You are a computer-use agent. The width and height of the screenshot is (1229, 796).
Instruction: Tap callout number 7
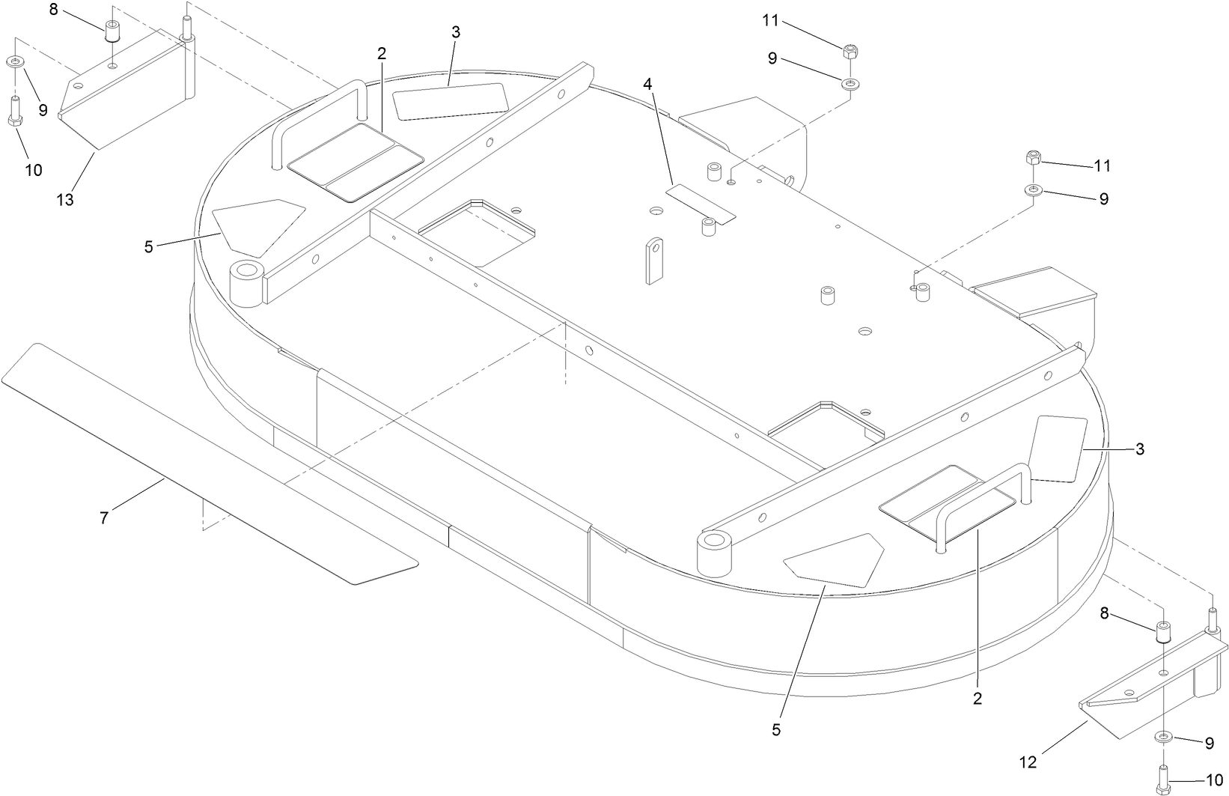point(104,517)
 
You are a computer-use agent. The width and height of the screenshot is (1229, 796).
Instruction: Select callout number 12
point(1028,762)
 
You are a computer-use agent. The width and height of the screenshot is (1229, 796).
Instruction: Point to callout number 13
point(65,200)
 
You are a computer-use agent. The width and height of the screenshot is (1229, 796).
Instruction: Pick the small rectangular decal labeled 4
point(701,204)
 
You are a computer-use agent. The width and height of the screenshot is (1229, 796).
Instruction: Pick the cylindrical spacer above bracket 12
point(1163,632)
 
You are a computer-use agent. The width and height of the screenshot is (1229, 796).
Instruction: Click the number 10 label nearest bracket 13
point(33,170)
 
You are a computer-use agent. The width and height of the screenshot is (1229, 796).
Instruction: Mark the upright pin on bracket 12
point(1213,621)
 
